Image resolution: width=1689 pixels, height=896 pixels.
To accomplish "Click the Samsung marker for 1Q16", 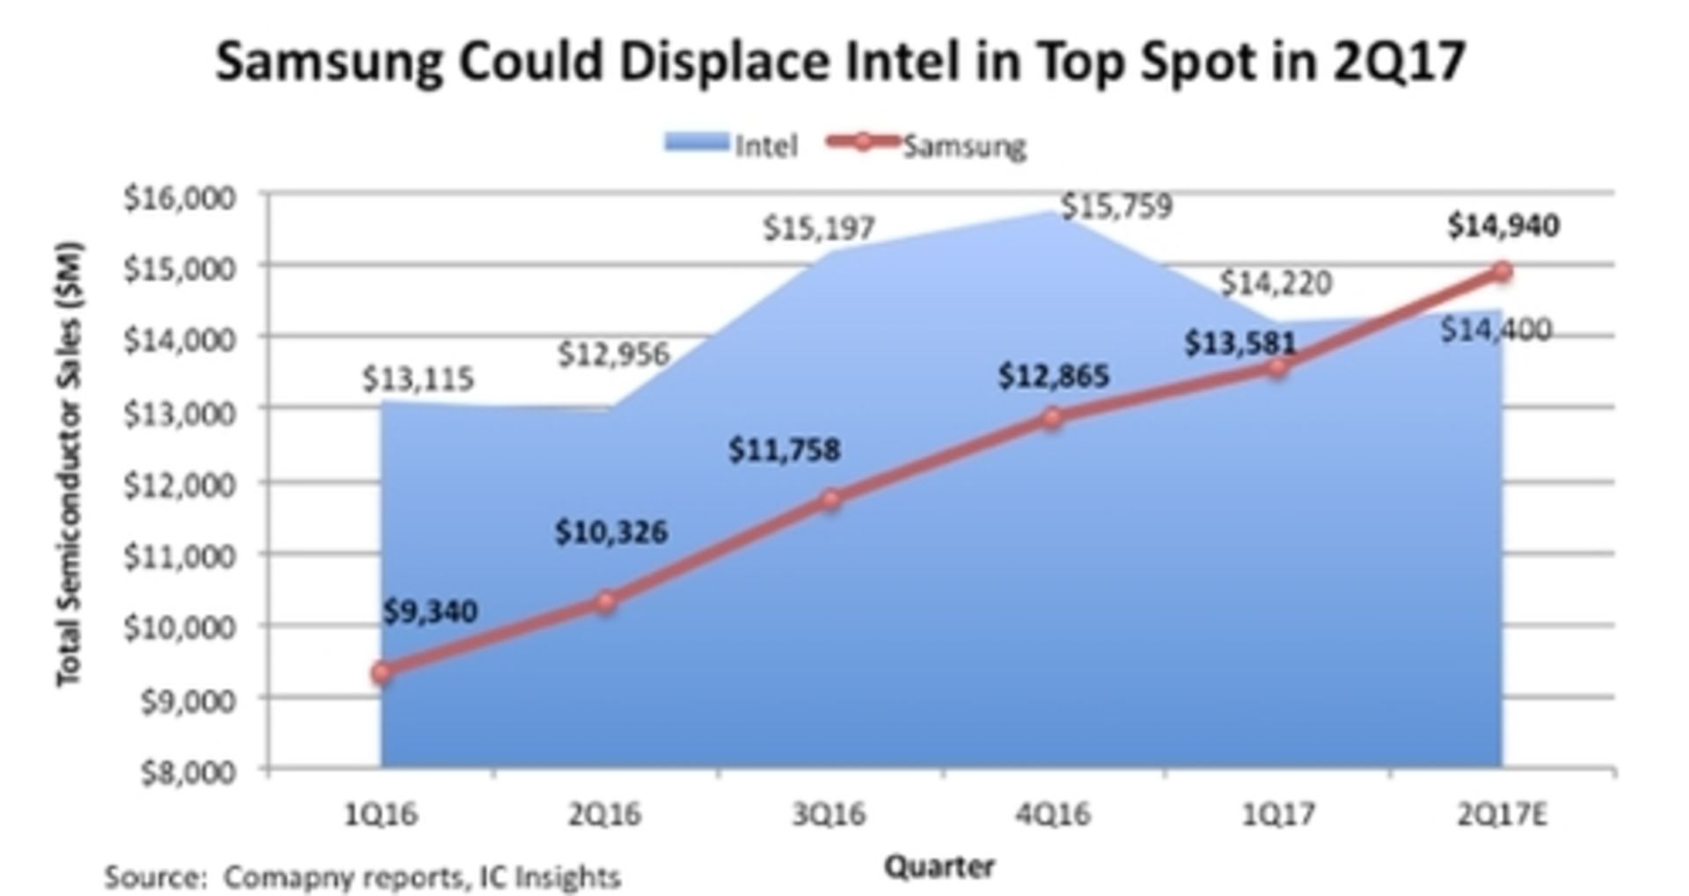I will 381,673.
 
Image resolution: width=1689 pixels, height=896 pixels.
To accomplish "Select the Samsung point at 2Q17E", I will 1503,272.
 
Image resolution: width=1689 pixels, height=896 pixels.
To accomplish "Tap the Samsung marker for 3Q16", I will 830,500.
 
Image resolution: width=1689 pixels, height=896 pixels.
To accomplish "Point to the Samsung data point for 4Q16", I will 1053,418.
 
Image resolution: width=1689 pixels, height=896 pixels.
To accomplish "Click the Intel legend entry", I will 732,144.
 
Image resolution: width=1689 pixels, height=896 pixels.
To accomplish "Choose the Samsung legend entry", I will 929,144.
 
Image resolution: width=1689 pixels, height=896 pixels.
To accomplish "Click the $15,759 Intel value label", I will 1116,206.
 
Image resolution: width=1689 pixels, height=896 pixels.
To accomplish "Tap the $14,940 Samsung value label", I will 1503,226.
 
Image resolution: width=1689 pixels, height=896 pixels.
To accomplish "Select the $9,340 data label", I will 430,611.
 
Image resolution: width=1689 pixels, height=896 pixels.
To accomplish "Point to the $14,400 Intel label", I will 1495,330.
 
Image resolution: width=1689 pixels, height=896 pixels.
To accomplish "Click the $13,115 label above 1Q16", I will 418,379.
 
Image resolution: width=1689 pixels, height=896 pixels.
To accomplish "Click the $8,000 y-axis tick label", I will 188,772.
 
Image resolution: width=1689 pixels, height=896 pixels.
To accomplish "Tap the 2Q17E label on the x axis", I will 1502,815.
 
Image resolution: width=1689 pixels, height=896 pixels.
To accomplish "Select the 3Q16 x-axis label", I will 829,815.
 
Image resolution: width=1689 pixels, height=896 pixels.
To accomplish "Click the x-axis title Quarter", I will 939,867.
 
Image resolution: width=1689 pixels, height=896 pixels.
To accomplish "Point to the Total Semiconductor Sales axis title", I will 69,464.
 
